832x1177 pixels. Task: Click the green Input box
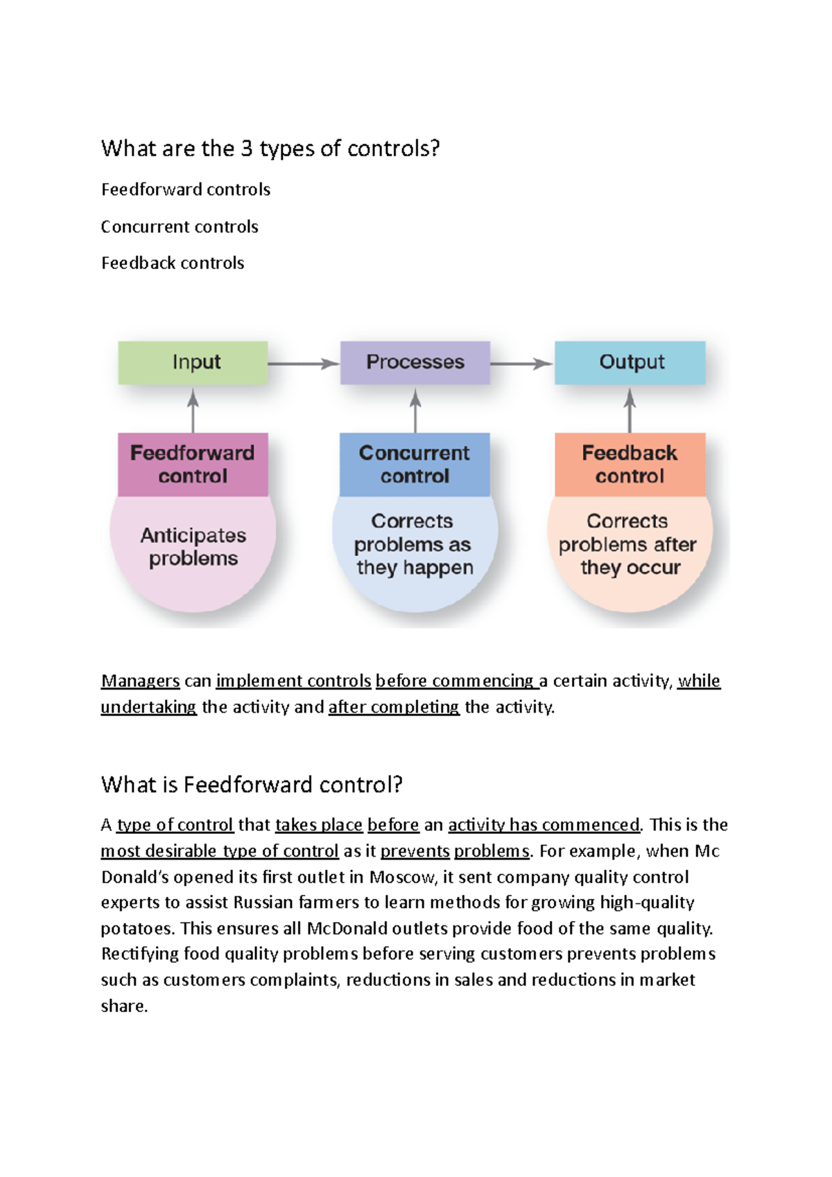(x=193, y=363)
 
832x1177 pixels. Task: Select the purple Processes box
(x=415, y=363)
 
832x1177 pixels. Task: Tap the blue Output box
(x=630, y=363)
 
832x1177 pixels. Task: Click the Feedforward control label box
(x=193, y=464)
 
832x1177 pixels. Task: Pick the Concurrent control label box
(x=415, y=464)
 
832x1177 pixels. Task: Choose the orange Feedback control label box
(x=630, y=464)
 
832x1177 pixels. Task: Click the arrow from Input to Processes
(x=303, y=363)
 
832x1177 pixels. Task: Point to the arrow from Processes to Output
(x=521, y=363)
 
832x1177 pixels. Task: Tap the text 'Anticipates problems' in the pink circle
(x=193, y=547)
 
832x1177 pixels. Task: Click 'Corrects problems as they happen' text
(x=414, y=544)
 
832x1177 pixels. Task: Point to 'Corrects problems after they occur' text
(x=629, y=544)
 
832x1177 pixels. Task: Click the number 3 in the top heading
(x=246, y=149)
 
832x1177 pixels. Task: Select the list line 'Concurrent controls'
(x=180, y=227)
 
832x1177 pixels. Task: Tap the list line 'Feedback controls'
(x=173, y=263)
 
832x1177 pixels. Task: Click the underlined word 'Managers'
(x=140, y=681)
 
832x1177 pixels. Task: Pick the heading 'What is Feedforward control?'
(x=252, y=785)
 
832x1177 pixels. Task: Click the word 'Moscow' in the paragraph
(x=402, y=878)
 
